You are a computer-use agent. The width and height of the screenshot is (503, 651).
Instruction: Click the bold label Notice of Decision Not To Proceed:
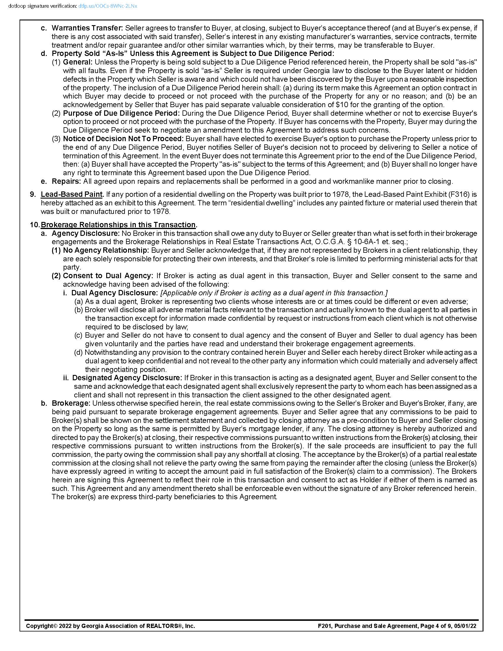tap(124, 139)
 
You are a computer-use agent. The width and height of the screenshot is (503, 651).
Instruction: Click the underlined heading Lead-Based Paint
tap(72, 194)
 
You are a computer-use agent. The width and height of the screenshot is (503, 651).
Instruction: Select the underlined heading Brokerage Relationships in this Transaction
tap(118, 225)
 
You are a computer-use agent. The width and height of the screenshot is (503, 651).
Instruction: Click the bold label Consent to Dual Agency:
tap(108, 276)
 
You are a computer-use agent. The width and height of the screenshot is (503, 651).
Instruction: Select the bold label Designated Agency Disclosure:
tap(127, 378)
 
